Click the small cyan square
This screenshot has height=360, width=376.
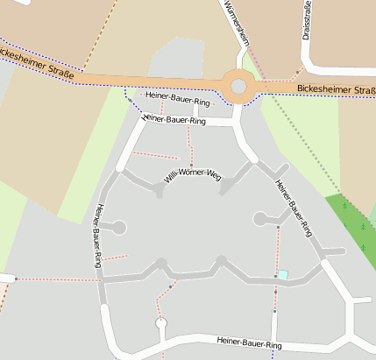coord(282,275)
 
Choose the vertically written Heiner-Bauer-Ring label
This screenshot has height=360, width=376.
coord(97,234)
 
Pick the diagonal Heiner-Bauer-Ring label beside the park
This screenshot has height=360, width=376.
coord(294,208)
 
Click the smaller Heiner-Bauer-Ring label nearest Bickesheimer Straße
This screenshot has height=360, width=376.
coord(178,98)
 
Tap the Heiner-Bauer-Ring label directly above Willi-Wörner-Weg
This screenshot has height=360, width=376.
coord(173,119)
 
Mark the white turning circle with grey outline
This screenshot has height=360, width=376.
coord(160,324)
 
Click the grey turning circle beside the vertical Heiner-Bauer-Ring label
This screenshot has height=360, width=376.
coord(119,228)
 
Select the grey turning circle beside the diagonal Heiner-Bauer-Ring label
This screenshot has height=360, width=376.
coord(260,219)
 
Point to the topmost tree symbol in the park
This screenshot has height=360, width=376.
coord(344,207)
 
